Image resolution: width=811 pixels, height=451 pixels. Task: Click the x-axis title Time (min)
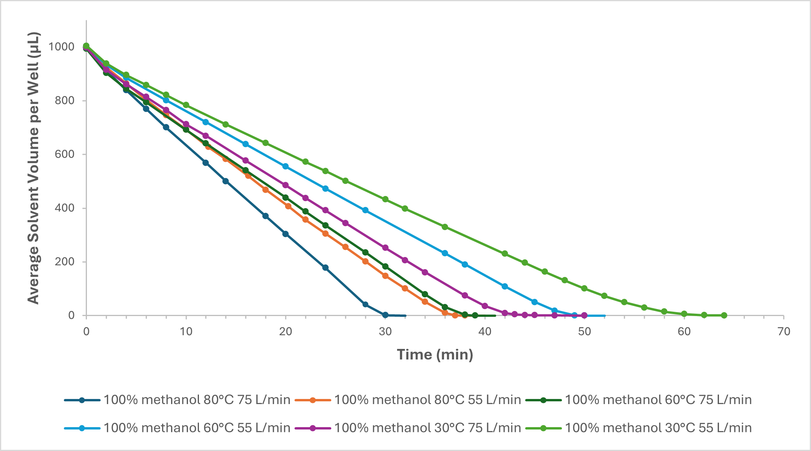click(x=435, y=354)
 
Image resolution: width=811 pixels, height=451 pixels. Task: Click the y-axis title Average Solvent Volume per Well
click(x=34, y=168)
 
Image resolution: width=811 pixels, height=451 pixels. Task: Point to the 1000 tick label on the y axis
click(x=61, y=47)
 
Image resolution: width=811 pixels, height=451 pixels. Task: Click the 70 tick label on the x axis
click(x=784, y=332)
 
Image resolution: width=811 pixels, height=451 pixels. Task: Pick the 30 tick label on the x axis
click(x=385, y=332)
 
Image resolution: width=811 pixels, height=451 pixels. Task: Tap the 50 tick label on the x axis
click(x=585, y=332)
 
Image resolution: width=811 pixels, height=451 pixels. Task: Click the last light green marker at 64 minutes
click(x=724, y=315)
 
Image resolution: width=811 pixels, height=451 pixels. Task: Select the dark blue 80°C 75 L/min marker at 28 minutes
click(x=365, y=304)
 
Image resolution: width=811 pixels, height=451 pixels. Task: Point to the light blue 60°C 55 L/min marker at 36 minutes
click(x=445, y=253)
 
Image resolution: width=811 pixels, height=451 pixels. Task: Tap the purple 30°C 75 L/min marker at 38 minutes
click(x=465, y=295)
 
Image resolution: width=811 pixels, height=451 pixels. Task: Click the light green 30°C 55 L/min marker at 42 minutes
click(x=505, y=253)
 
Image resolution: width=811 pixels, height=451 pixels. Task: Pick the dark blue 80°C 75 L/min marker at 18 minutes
click(x=266, y=216)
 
